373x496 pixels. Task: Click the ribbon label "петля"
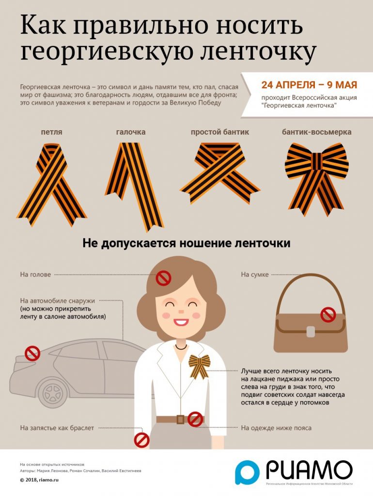tap(51, 132)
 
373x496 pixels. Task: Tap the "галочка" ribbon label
tap(131, 132)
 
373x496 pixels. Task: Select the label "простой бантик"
tap(220, 132)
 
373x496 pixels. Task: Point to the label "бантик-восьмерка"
tap(317, 132)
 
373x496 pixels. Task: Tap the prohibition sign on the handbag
tap(328, 315)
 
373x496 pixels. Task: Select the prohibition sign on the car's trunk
tap(32, 353)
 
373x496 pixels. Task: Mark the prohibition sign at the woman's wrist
tap(141, 440)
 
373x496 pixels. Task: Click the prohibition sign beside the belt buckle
tap(195, 419)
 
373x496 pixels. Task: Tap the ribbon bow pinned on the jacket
tap(200, 366)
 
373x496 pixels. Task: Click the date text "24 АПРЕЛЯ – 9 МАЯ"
tap(309, 85)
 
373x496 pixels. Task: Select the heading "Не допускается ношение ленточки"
tap(186, 243)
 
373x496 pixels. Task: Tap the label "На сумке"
tap(255, 275)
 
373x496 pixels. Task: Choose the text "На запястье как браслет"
tap(57, 428)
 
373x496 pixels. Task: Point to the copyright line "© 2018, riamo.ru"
tap(39, 480)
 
